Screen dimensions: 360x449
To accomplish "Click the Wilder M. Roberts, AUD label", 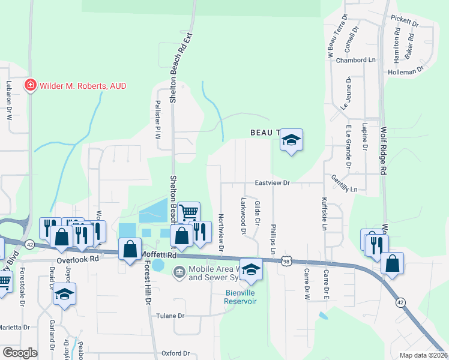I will (x=83, y=86).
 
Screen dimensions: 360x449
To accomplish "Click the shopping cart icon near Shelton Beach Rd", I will (x=188, y=211).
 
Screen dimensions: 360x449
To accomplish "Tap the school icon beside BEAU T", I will (x=291, y=140).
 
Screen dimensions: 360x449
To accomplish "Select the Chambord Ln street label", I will (x=355, y=60).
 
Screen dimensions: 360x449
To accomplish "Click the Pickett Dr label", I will (x=404, y=22).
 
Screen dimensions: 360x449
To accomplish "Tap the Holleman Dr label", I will (x=406, y=71).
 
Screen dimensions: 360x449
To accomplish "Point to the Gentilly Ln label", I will (x=344, y=184).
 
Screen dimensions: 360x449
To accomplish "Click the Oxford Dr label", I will (x=175, y=354).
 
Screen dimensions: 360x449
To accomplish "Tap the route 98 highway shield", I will (x=287, y=261).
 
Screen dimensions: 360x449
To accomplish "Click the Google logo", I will (x=20, y=353).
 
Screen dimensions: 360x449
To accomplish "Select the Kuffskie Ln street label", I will (x=324, y=214).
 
